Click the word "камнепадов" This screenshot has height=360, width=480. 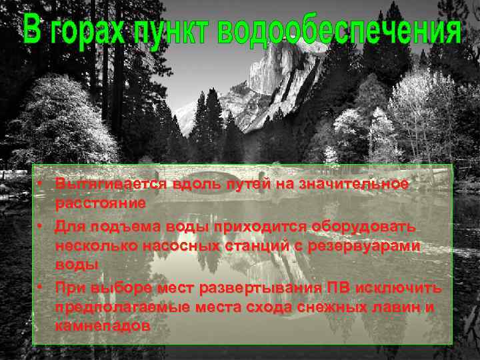[x=103, y=327]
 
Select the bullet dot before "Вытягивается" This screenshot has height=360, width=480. [x=41, y=183]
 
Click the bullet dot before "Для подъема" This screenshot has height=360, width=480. [x=41, y=226]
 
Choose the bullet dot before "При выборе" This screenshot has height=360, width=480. [x=41, y=287]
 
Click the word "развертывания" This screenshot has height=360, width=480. [x=259, y=288]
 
